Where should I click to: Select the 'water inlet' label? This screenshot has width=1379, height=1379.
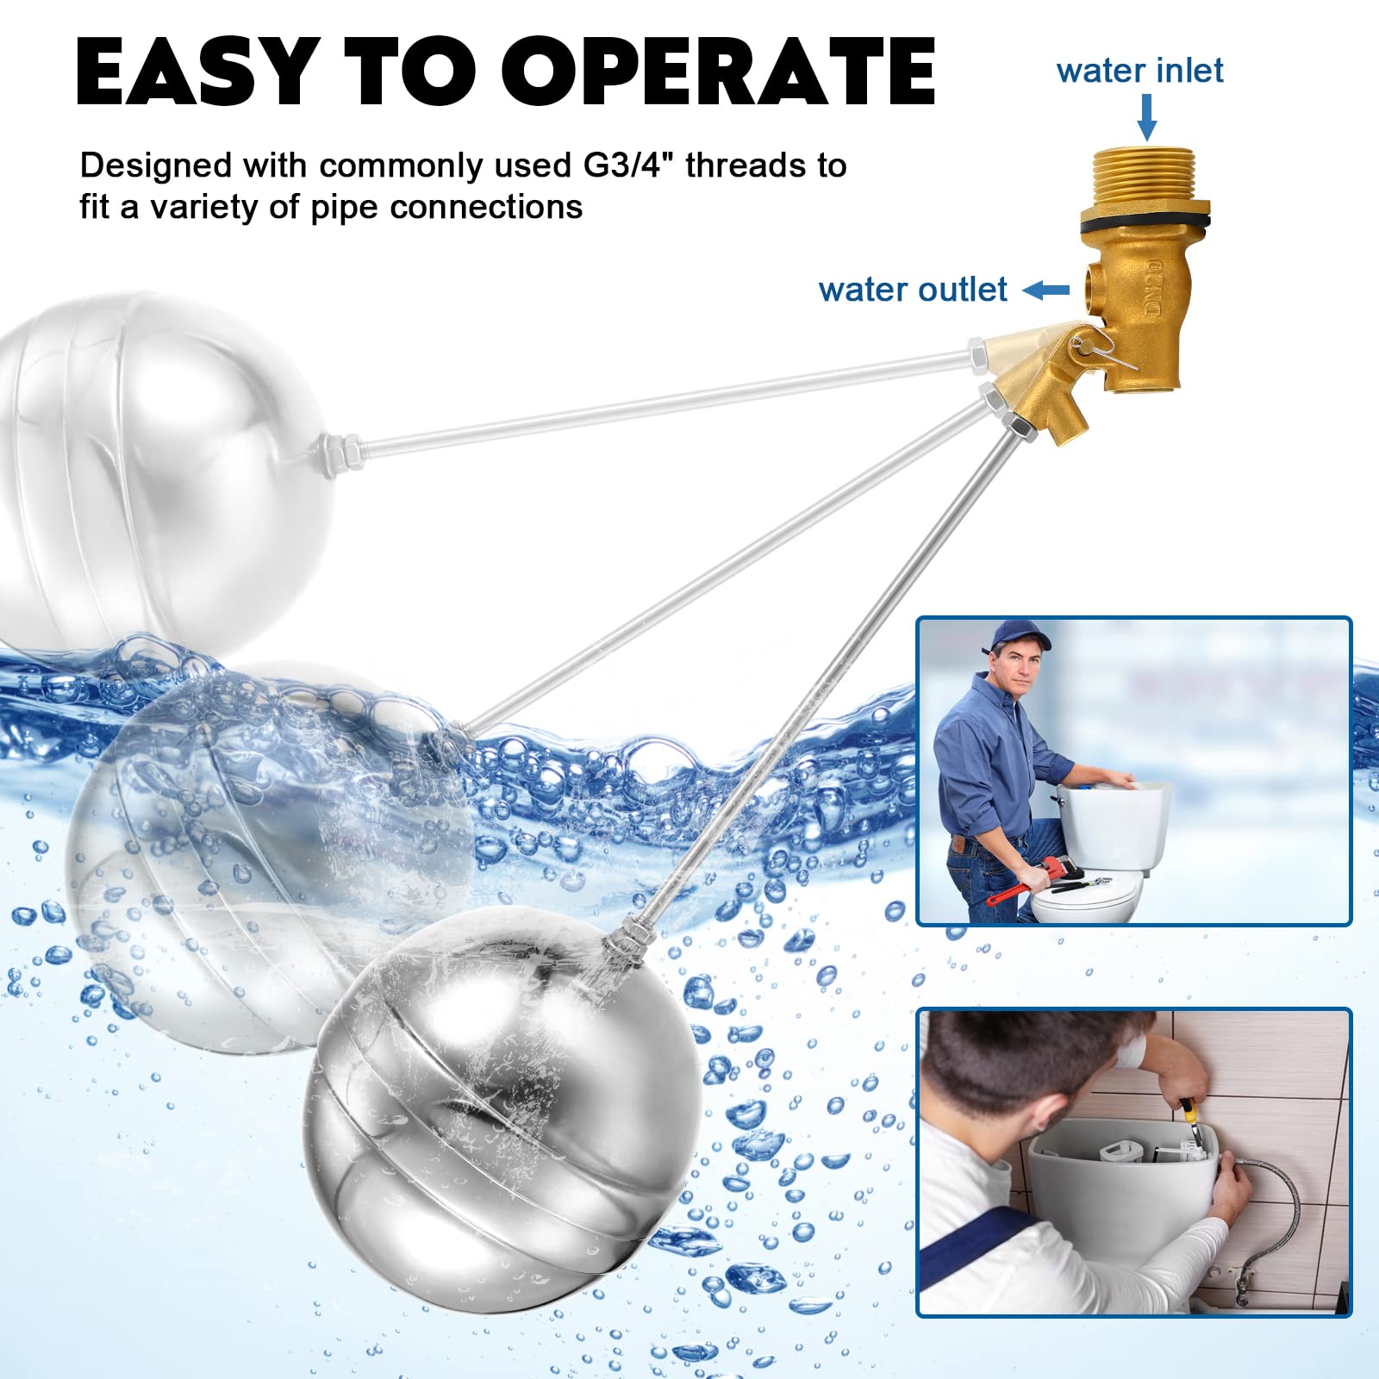point(1139,71)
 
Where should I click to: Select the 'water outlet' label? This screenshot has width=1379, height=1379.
point(913,290)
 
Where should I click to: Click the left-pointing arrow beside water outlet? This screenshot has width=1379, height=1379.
point(1045,290)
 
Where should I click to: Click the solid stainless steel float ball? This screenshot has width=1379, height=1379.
point(500,1112)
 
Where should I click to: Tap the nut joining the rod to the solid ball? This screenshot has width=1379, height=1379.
point(622,945)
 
